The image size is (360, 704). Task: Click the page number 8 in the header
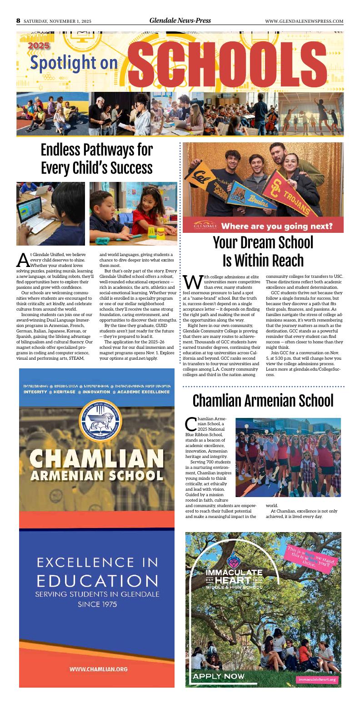[18, 20]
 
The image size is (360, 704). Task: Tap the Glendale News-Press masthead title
[180, 20]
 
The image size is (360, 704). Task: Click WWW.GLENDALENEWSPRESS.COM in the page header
[304, 21]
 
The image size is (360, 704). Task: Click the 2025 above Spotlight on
[39, 45]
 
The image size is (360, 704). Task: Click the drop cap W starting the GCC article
[190, 281]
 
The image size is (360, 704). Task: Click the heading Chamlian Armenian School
[263, 400]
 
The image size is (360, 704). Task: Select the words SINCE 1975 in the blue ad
[97, 604]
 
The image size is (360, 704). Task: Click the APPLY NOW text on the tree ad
[219, 676]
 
